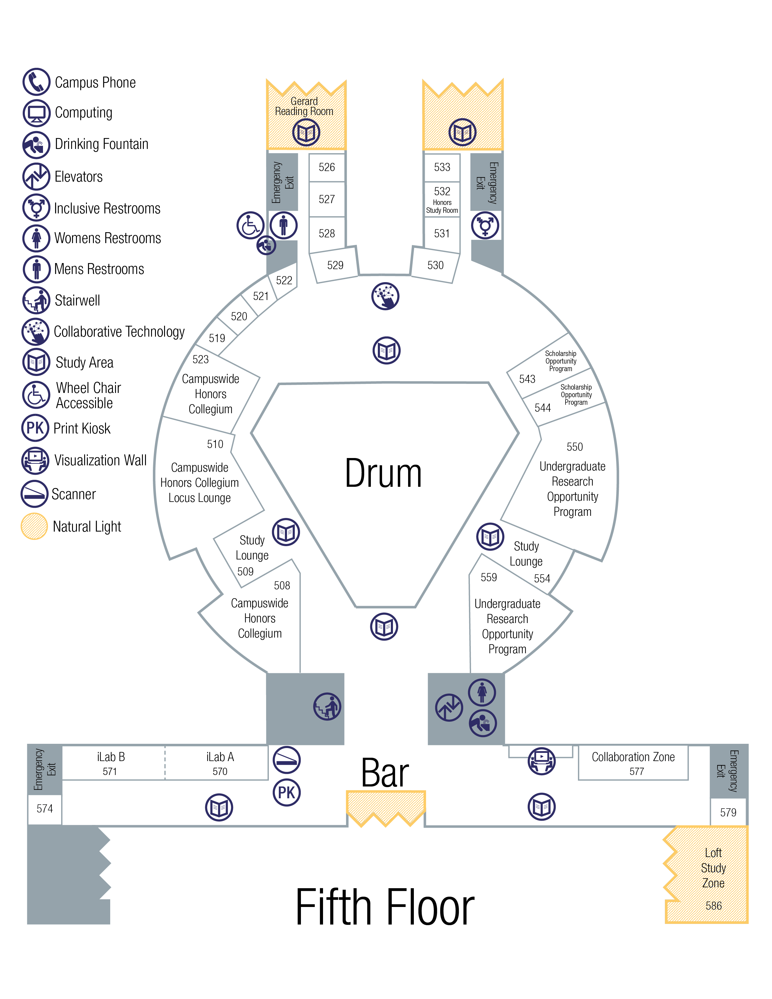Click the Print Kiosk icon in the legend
point(35,428)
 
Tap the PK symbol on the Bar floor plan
point(286,792)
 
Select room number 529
point(335,265)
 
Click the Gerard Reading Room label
point(304,107)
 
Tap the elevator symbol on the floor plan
point(449,708)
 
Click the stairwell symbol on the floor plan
point(327,707)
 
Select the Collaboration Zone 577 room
point(633,763)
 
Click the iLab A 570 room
point(219,763)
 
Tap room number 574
point(45,809)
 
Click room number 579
point(728,813)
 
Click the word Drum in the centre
point(383,474)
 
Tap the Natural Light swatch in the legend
point(34,526)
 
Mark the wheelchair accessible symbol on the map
point(250,225)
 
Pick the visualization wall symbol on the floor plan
point(542,761)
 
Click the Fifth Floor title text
point(385,907)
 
